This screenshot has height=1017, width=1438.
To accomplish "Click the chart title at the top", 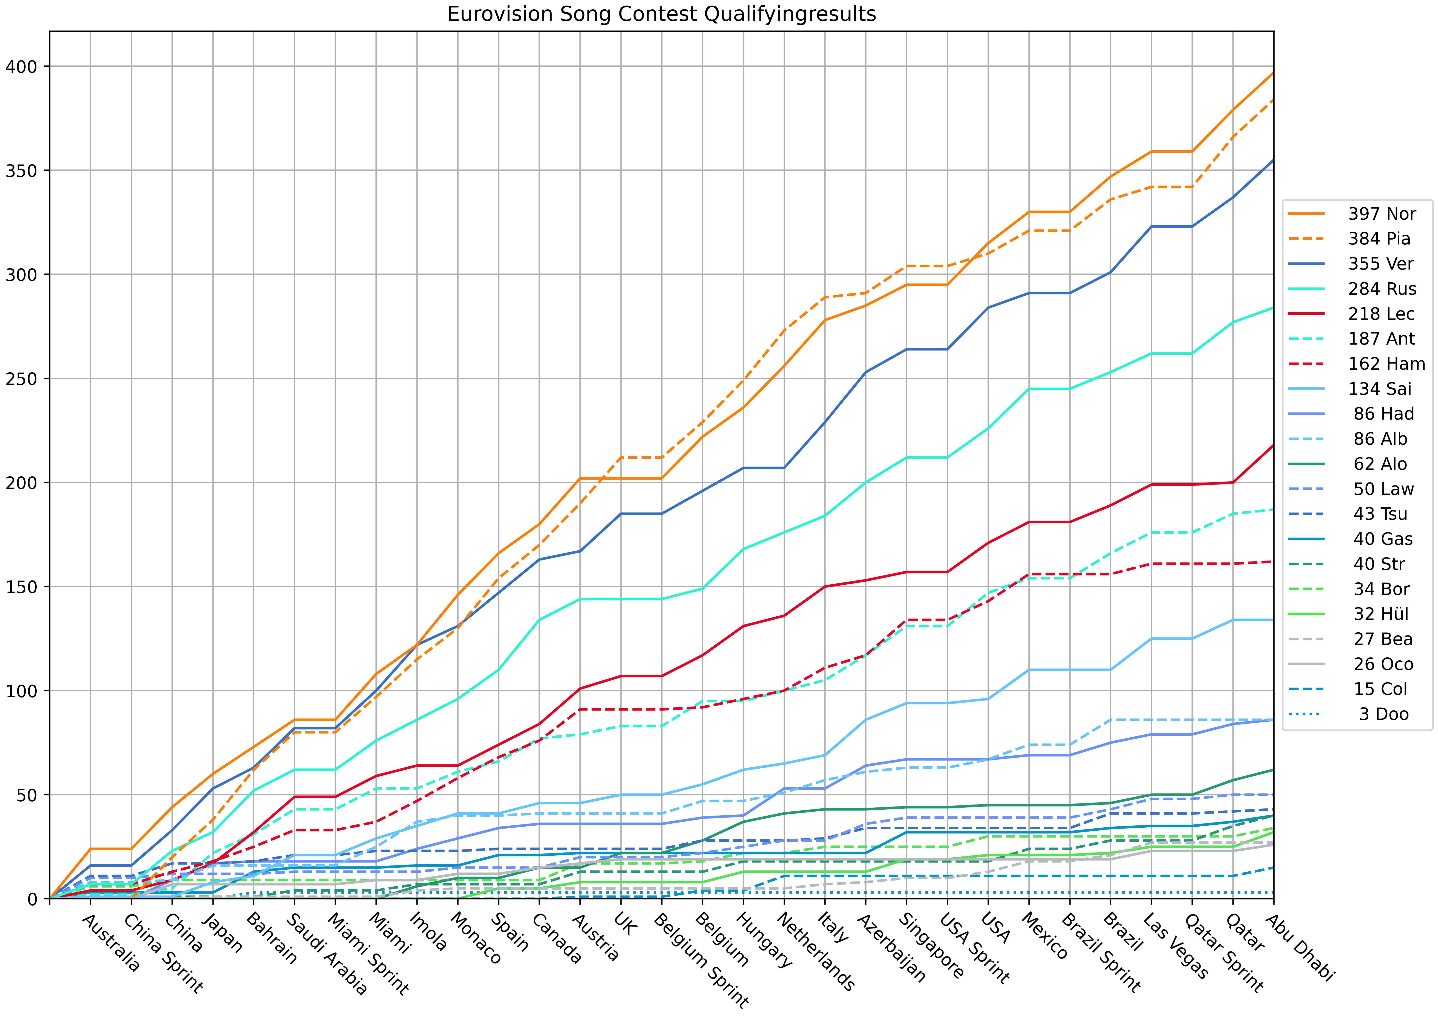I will point(661,14).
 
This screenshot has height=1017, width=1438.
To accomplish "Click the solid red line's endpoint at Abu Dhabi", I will point(1273,445).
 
